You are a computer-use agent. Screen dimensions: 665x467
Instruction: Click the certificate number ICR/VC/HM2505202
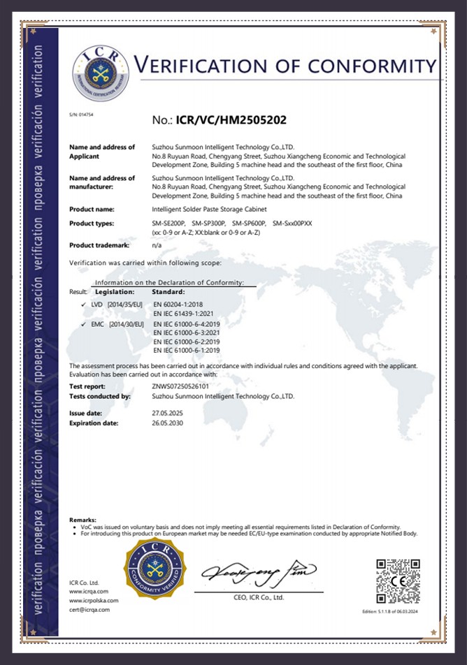pos(218,120)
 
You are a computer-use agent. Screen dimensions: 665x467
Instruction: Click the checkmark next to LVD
pos(84,305)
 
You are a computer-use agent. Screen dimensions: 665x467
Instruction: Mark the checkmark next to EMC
pos(84,325)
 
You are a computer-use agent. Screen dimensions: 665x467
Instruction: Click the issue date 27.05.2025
pos(168,414)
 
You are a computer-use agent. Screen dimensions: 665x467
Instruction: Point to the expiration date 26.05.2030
pos(168,423)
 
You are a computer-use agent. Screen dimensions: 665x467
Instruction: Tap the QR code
pos(398,580)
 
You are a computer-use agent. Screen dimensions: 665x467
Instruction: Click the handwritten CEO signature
pos(259,573)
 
